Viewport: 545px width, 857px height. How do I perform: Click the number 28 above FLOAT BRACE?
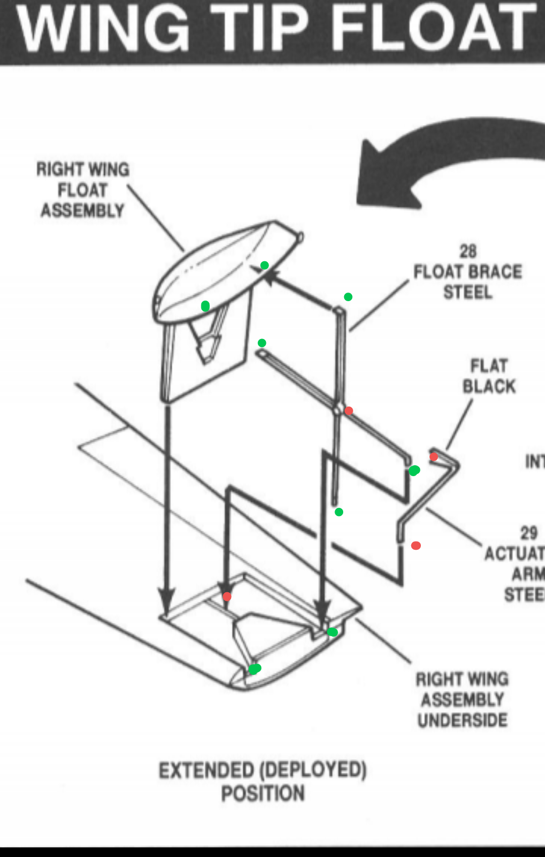pyautogui.click(x=468, y=251)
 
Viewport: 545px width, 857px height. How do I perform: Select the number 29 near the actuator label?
pyautogui.click(x=528, y=533)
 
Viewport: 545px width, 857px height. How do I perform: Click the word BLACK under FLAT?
pyautogui.click(x=489, y=386)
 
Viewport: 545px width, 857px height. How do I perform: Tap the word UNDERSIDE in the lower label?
pyautogui.click(x=462, y=720)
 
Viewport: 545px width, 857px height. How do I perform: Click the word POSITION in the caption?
pyautogui.click(x=263, y=793)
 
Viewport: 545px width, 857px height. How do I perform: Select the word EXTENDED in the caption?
pyautogui.click(x=206, y=770)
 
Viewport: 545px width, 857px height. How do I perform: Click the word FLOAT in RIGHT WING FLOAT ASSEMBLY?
pyautogui.click(x=82, y=190)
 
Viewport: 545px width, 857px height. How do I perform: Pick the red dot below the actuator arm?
pyautogui.click(x=416, y=545)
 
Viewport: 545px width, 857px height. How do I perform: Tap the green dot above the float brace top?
pyautogui.click(x=348, y=297)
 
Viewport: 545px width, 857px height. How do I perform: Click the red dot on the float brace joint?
pyautogui.click(x=349, y=411)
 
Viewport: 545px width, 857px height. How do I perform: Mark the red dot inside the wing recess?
pyautogui.click(x=227, y=597)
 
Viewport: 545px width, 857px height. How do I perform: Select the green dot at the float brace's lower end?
pyautogui.click(x=339, y=512)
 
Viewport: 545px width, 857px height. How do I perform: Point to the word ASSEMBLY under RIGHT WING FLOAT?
pyautogui.click(x=82, y=210)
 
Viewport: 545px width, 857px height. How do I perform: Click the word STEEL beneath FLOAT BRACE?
pyautogui.click(x=468, y=293)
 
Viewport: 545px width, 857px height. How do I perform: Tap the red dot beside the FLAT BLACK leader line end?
pyautogui.click(x=433, y=456)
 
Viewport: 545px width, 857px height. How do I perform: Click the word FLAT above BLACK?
pyautogui.click(x=489, y=365)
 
